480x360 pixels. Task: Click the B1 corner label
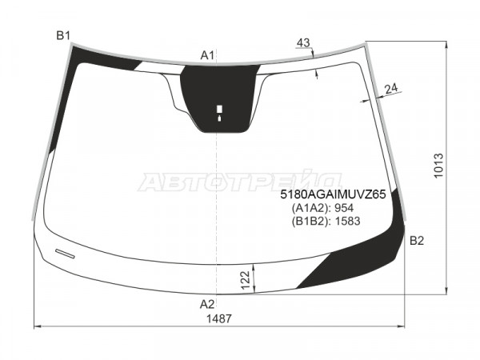tap(63, 36)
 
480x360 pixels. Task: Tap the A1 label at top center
tap(207, 55)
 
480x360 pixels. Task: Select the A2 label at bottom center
tap(207, 304)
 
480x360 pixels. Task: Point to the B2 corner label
tap(417, 241)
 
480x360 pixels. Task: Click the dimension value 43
tap(303, 43)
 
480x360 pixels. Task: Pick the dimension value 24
tap(391, 89)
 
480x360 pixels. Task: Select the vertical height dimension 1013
tap(438, 166)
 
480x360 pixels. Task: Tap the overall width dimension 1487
tap(219, 318)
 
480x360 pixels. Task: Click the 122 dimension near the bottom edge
tap(246, 280)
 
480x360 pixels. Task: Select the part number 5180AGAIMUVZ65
tap(333, 194)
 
